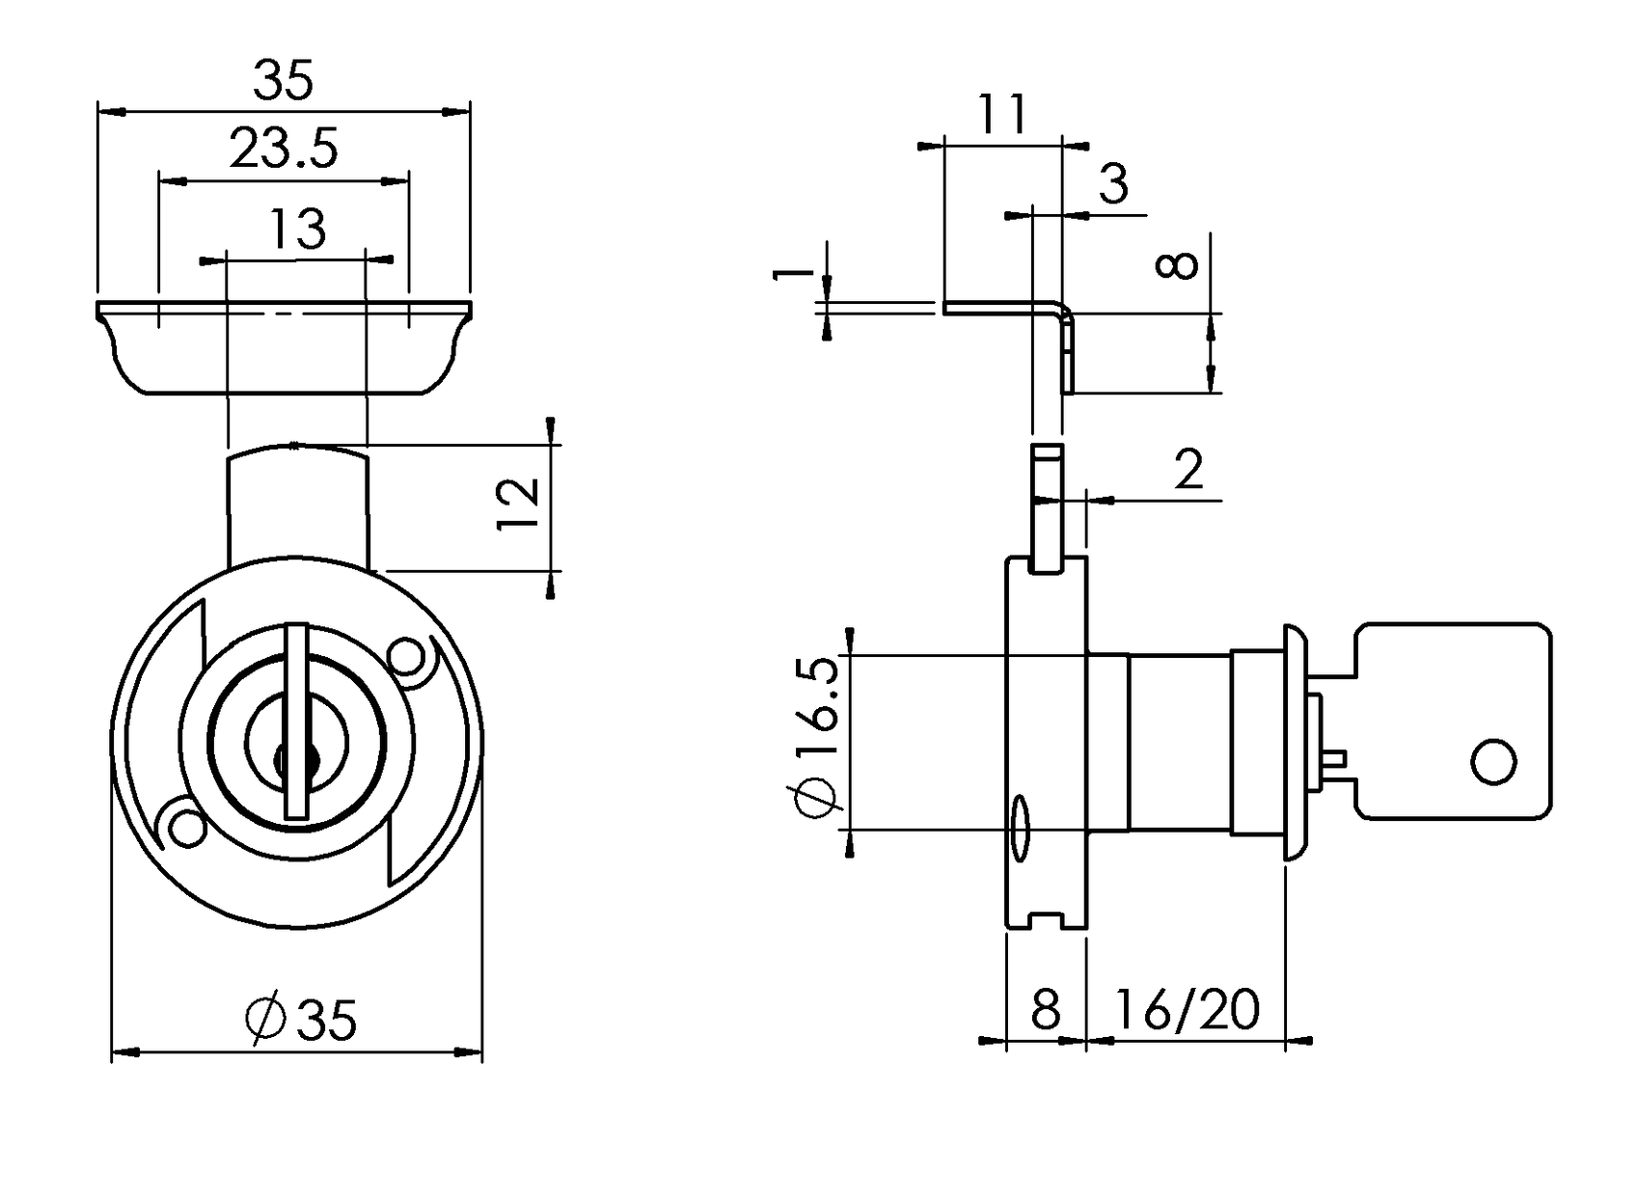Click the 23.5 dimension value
(284, 150)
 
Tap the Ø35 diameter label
(302, 1019)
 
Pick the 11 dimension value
(1002, 115)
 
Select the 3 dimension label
(1113, 183)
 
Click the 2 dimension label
(1189, 471)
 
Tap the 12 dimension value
(518, 503)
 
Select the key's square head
(1453, 722)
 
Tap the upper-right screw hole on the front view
(408, 657)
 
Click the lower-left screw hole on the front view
(185, 828)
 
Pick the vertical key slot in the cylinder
(297, 723)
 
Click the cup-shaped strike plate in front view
(283, 347)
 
